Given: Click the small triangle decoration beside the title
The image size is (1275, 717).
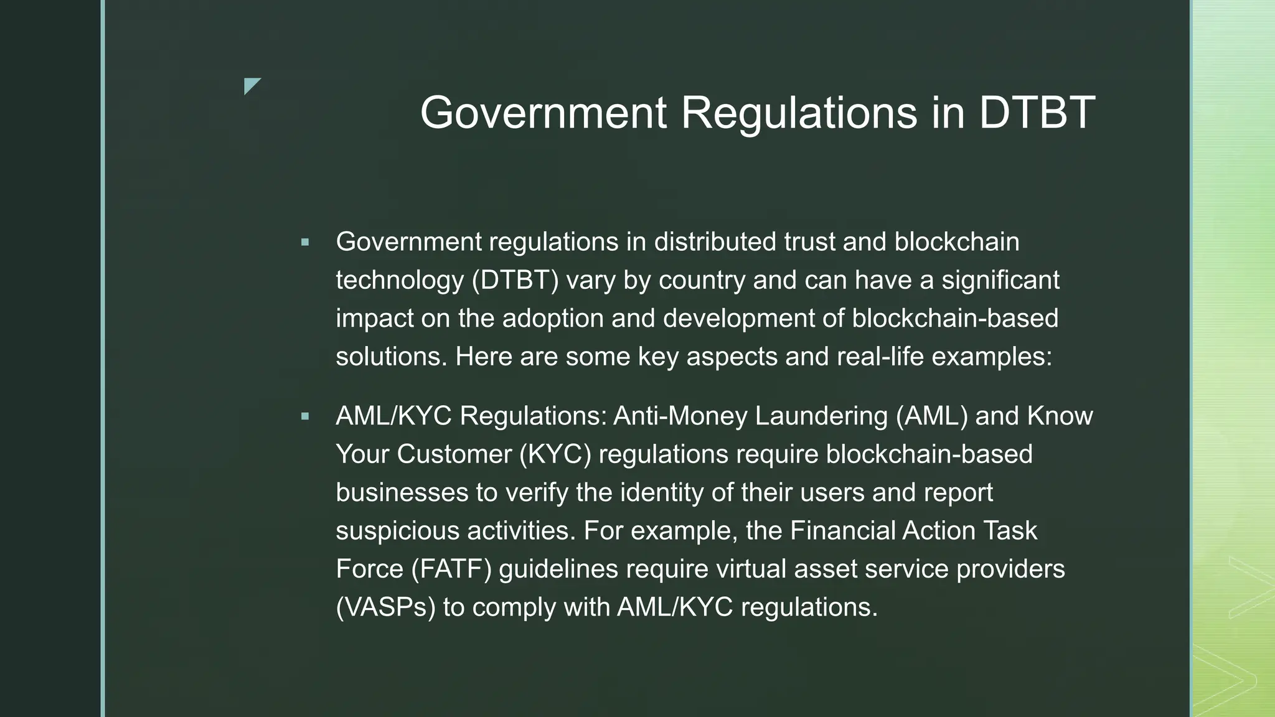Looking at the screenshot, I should [252, 86].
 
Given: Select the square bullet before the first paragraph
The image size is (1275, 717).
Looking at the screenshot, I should [304, 242].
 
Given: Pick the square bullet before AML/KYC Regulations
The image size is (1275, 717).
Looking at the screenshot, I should [304, 416].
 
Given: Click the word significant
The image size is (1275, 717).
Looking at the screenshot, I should [1000, 280].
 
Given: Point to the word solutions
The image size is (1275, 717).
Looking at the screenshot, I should [392, 357].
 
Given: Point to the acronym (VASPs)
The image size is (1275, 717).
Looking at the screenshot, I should [385, 607].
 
